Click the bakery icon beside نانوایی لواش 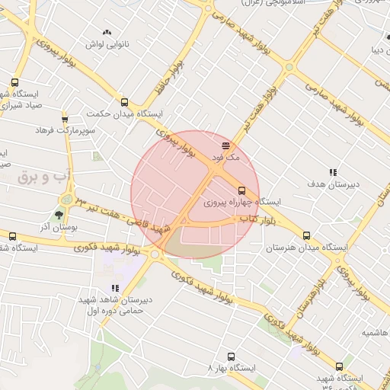click(x=107, y=32)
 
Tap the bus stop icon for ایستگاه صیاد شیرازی click(x=14, y=82)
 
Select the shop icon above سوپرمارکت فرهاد click(x=65, y=119)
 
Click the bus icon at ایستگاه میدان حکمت click(x=124, y=101)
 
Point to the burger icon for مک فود click(x=225, y=144)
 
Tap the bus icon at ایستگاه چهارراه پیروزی click(x=242, y=190)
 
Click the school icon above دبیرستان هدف click(x=332, y=172)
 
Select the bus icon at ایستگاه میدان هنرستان click(x=307, y=236)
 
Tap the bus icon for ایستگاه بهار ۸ click(x=231, y=356)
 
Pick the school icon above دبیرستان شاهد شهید click(x=115, y=288)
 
